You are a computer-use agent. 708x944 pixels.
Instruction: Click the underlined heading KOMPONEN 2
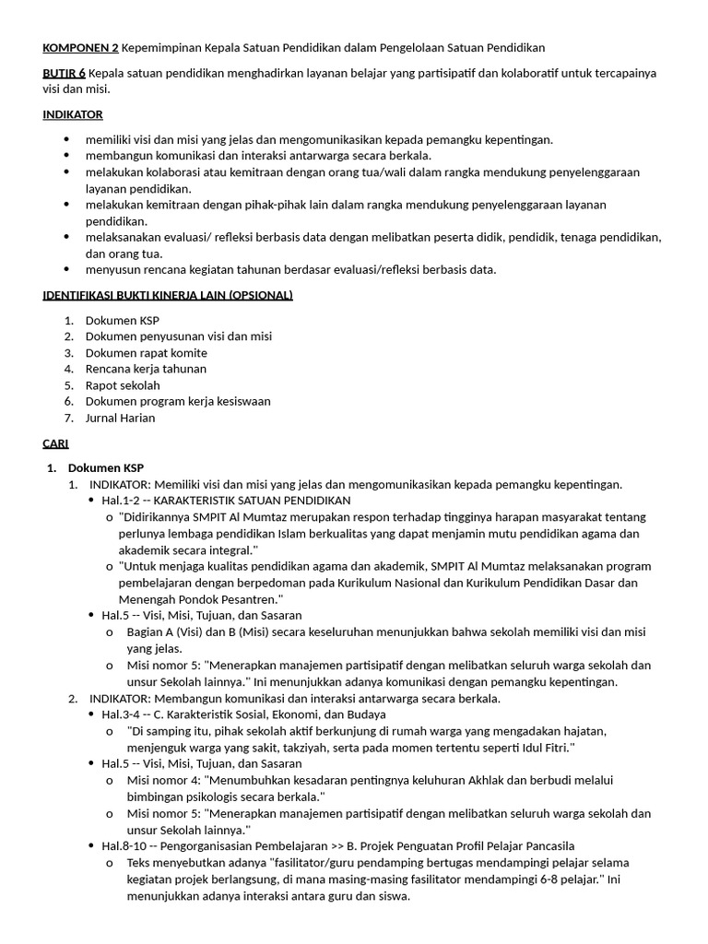click(x=80, y=47)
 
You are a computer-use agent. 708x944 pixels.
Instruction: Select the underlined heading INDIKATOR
click(x=73, y=114)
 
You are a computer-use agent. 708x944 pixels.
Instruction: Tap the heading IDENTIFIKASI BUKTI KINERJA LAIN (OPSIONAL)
click(x=168, y=295)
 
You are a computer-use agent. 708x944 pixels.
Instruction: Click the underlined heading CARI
click(x=55, y=443)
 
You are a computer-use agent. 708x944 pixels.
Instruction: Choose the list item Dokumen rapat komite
click(x=146, y=353)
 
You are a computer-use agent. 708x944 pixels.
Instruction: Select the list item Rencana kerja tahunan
click(x=146, y=369)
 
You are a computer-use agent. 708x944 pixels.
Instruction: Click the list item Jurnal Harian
click(x=120, y=418)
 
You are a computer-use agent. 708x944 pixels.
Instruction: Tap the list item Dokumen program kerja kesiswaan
click(x=177, y=401)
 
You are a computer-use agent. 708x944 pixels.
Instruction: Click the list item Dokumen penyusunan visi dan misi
click(x=178, y=336)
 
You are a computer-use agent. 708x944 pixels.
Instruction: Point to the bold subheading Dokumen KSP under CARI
click(x=106, y=467)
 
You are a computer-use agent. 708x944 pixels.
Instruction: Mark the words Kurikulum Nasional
click(x=389, y=583)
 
